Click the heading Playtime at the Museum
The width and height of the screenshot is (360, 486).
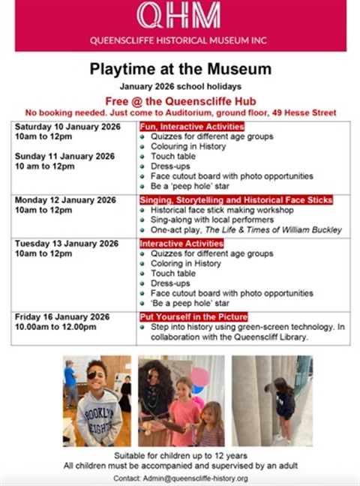(x=180, y=70)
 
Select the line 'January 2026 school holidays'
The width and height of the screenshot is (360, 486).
(x=180, y=88)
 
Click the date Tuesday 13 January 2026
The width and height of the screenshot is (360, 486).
(x=66, y=244)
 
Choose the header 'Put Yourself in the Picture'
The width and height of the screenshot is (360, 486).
(x=193, y=316)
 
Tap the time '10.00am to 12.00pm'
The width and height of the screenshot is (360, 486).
(x=56, y=327)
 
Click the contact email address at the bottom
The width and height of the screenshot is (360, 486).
(x=198, y=478)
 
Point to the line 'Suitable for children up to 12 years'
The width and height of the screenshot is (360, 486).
(x=180, y=455)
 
